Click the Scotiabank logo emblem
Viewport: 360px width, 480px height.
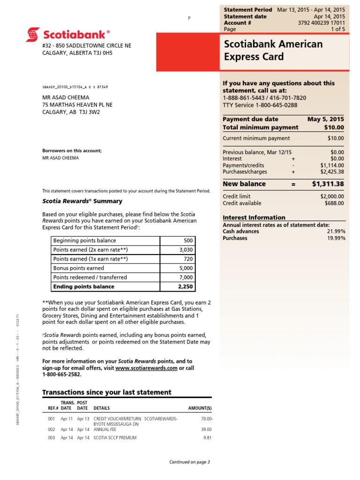point(33,34)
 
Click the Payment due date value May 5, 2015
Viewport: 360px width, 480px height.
point(325,119)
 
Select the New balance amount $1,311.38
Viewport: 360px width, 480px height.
point(328,184)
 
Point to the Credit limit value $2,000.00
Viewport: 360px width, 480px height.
point(330,196)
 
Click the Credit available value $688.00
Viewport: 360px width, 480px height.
point(334,203)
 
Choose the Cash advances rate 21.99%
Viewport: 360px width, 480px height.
point(336,232)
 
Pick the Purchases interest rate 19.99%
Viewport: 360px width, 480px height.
point(336,238)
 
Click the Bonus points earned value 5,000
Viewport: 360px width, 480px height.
point(185,269)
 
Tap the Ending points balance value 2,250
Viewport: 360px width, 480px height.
point(185,286)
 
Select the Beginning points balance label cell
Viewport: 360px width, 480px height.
point(105,241)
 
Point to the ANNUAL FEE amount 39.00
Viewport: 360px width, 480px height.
point(206,429)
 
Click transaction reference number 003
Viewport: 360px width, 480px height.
point(52,438)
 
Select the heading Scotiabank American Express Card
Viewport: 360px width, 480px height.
point(274,51)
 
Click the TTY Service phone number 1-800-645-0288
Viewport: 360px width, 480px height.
point(276,105)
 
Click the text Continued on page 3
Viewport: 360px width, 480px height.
point(189,462)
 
